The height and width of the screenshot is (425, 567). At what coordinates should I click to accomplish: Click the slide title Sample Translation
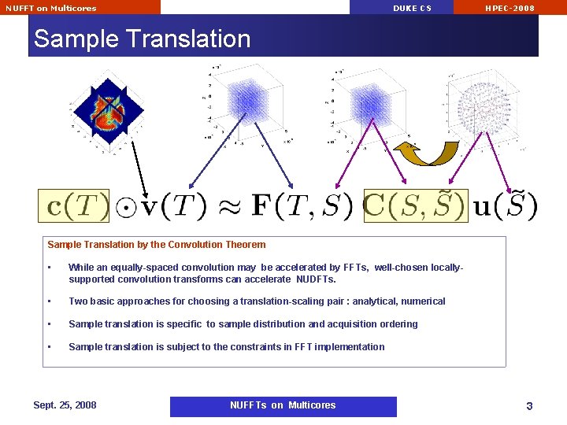click(142, 39)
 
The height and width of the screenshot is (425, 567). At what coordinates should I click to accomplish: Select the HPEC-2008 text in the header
click(510, 8)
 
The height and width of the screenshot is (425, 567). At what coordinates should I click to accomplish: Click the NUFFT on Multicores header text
click(51, 8)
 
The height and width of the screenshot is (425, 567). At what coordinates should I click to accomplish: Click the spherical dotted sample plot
click(485, 110)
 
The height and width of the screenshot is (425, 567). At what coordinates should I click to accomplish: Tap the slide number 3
click(529, 406)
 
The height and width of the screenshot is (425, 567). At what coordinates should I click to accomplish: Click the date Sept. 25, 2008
click(65, 405)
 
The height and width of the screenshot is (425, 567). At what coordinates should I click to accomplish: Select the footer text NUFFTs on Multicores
click(283, 405)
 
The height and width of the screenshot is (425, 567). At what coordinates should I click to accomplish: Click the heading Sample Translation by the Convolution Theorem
click(157, 245)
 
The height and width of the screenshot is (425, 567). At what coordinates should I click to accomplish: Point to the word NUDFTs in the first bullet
click(316, 279)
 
